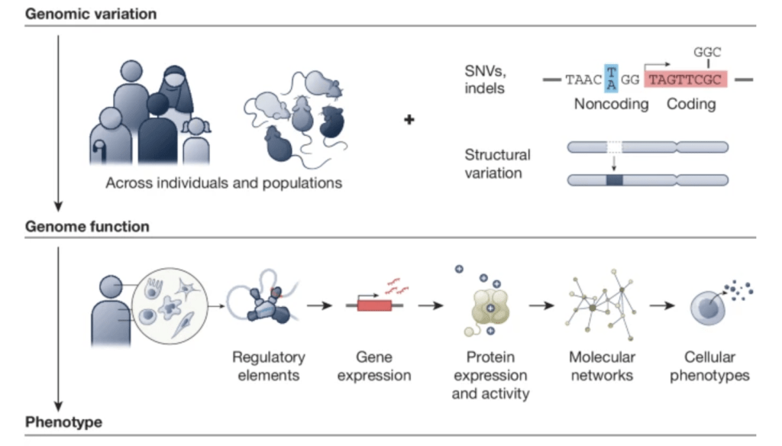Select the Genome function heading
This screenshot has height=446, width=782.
click(x=87, y=226)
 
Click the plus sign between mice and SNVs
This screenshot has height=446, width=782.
click(x=409, y=119)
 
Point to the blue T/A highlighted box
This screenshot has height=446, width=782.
click(x=611, y=78)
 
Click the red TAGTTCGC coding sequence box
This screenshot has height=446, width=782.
click(x=686, y=79)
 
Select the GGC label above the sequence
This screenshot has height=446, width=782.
click(x=707, y=53)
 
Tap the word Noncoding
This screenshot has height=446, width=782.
click(x=611, y=104)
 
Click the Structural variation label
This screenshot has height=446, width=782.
click(x=497, y=163)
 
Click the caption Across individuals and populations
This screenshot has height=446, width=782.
click(x=224, y=183)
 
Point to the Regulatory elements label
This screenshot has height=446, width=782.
click(x=268, y=366)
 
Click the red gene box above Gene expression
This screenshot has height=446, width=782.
click(x=374, y=305)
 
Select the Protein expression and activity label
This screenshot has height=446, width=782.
click(x=490, y=375)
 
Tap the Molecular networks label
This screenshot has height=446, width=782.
click(x=602, y=366)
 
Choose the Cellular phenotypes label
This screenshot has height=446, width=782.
click(x=709, y=366)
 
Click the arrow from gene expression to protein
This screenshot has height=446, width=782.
click(x=431, y=305)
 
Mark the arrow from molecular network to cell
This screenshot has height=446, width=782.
click(x=662, y=305)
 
